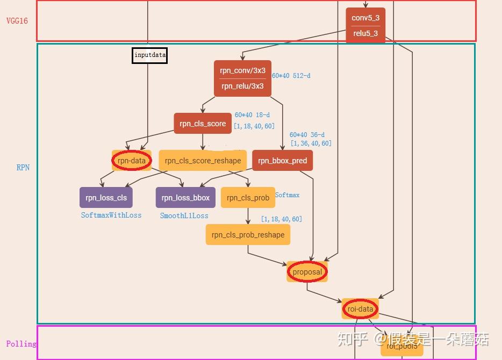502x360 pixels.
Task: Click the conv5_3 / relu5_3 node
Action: [365, 25]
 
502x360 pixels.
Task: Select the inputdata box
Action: [150, 55]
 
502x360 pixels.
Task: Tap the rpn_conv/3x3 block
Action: [242, 78]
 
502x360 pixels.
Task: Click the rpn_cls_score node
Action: [203, 124]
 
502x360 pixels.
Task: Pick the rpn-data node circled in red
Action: [132, 160]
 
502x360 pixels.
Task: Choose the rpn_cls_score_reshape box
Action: [203, 160]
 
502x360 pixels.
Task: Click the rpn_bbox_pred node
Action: [282, 161]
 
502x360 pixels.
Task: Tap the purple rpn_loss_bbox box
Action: [185, 198]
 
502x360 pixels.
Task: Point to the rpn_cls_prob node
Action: [248, 198]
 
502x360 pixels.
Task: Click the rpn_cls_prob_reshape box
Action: [248, 235]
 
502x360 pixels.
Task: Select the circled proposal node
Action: [307, 272]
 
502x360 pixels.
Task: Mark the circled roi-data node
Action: [360, 309]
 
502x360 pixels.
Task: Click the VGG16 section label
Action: [17, 21]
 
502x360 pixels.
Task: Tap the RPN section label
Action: [23, 168]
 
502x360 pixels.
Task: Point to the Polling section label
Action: [21, 344]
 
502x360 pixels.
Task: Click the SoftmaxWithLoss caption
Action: [111, 215]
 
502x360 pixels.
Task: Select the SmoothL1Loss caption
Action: [184, 215]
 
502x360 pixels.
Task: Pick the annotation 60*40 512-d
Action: [291, 76]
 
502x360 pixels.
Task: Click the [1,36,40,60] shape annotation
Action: [311, 143]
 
